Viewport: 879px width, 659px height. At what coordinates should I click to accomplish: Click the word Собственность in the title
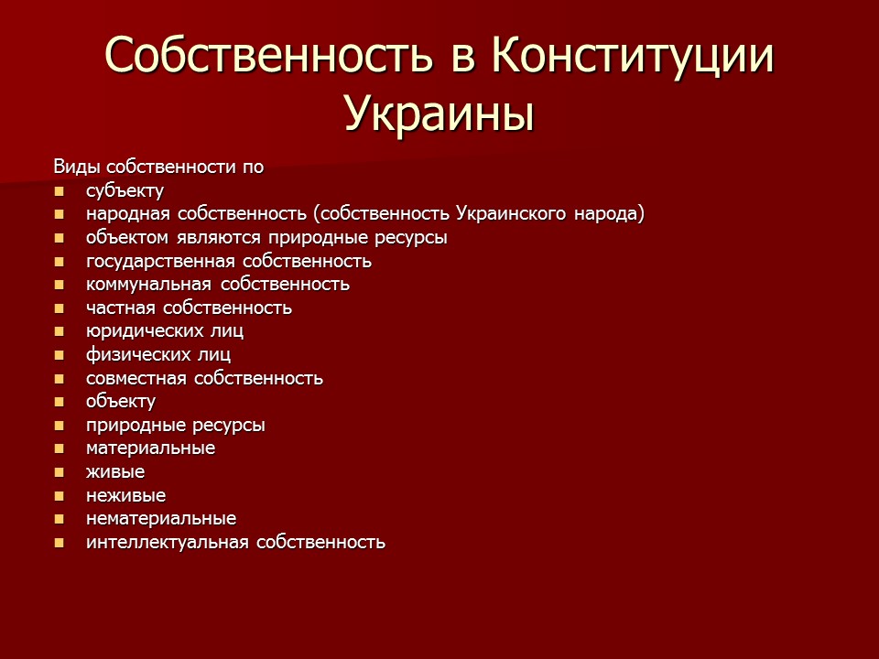[269, 55]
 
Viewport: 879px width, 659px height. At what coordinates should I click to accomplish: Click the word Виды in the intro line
[76, 167]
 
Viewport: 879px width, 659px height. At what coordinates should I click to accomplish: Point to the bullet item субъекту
[125, 191]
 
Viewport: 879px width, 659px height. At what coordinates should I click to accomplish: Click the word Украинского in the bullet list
[511, 213]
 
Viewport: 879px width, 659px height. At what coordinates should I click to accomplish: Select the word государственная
[160, 262]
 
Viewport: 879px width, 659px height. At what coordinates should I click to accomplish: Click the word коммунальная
[148, 285]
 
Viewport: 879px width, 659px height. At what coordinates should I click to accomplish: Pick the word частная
[121, 308]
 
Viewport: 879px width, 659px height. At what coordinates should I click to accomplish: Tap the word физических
[138, 355]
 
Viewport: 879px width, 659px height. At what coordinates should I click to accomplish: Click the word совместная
[136, 378]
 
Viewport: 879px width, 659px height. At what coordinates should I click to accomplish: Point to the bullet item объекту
[121, 402]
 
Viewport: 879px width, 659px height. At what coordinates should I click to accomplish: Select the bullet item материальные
[151, 448]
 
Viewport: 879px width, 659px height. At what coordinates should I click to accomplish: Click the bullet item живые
[115, 472]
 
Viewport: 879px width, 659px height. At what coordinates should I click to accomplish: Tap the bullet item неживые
[126, 496]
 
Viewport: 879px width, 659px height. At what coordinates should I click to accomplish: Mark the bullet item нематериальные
[161, 519]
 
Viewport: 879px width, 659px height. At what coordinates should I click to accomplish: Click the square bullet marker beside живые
[59, 472]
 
